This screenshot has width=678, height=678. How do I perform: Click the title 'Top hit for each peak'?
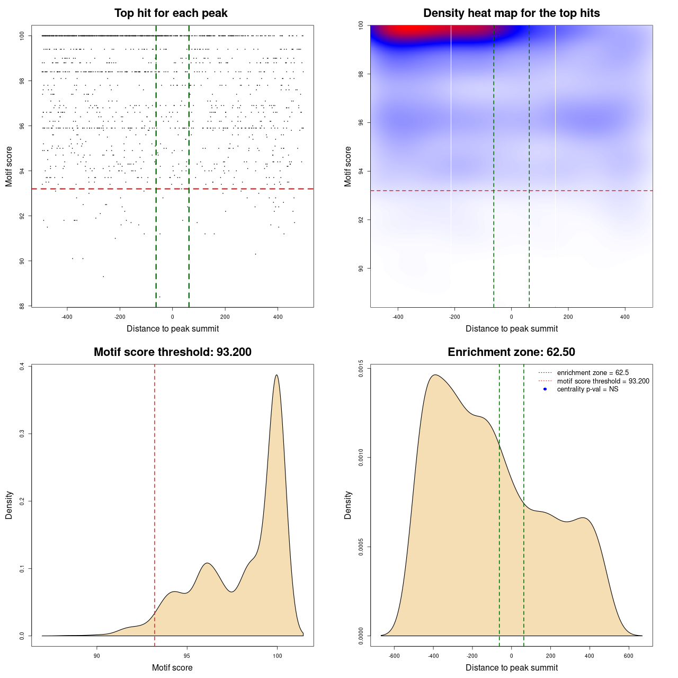pyautogui.click(x=171, y=13)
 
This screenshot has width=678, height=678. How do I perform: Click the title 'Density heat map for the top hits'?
pyautogui.click(x=511, y=13)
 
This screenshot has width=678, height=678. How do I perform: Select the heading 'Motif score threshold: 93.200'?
pyautogui.click(x=172, y=352)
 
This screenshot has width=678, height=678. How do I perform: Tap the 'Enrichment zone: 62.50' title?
pyautogui.click(x=511, y=352)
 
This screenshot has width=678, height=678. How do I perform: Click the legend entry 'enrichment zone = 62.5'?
pyautogui.click(x=593, y=373)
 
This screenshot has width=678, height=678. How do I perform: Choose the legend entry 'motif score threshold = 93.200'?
pyautogui.click(x=603, y=381)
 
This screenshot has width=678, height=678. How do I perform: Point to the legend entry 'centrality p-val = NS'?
pyautogui.click(x=587, y=389)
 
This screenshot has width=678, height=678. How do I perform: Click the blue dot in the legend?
pyautogui.click(x=545, y=389)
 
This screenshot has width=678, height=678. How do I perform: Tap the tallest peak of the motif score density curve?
pyautogui.click(x=276, y=376)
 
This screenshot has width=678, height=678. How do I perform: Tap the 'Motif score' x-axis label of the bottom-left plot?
pyautogui.click(x=172, y=667)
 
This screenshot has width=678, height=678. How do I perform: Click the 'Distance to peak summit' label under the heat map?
pyautogui.click(x=511, y=328)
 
